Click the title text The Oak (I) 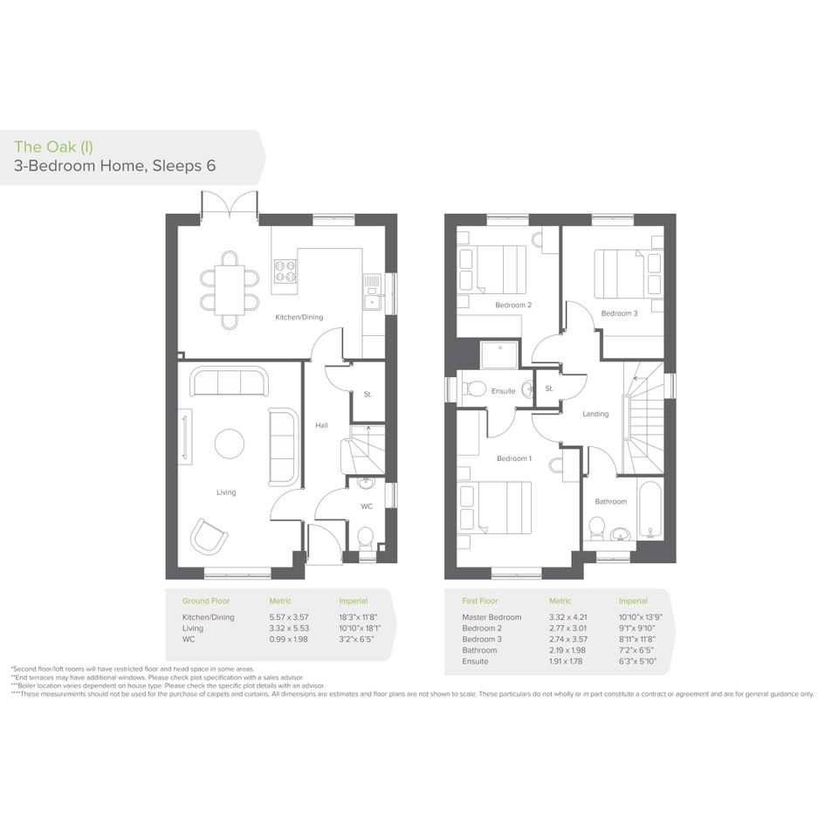(53, 147)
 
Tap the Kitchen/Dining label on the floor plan (299, 317)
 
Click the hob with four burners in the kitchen (285, 271)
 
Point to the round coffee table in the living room (230, 443)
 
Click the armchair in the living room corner (209, 536)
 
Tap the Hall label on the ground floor (321, 425)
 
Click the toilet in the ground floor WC (365, 539)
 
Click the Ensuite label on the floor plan (503, 391)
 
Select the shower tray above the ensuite (500, 355)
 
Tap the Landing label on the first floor (595, 414)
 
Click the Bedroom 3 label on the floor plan (619, 313)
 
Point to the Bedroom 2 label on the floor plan (513, 305)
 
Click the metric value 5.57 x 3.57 (289, 617)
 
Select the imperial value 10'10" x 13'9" (640, 617)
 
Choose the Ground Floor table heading (206, 601)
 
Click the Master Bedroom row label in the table (492, 617)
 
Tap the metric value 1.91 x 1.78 (566, 662)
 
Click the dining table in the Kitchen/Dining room (230, 290)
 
